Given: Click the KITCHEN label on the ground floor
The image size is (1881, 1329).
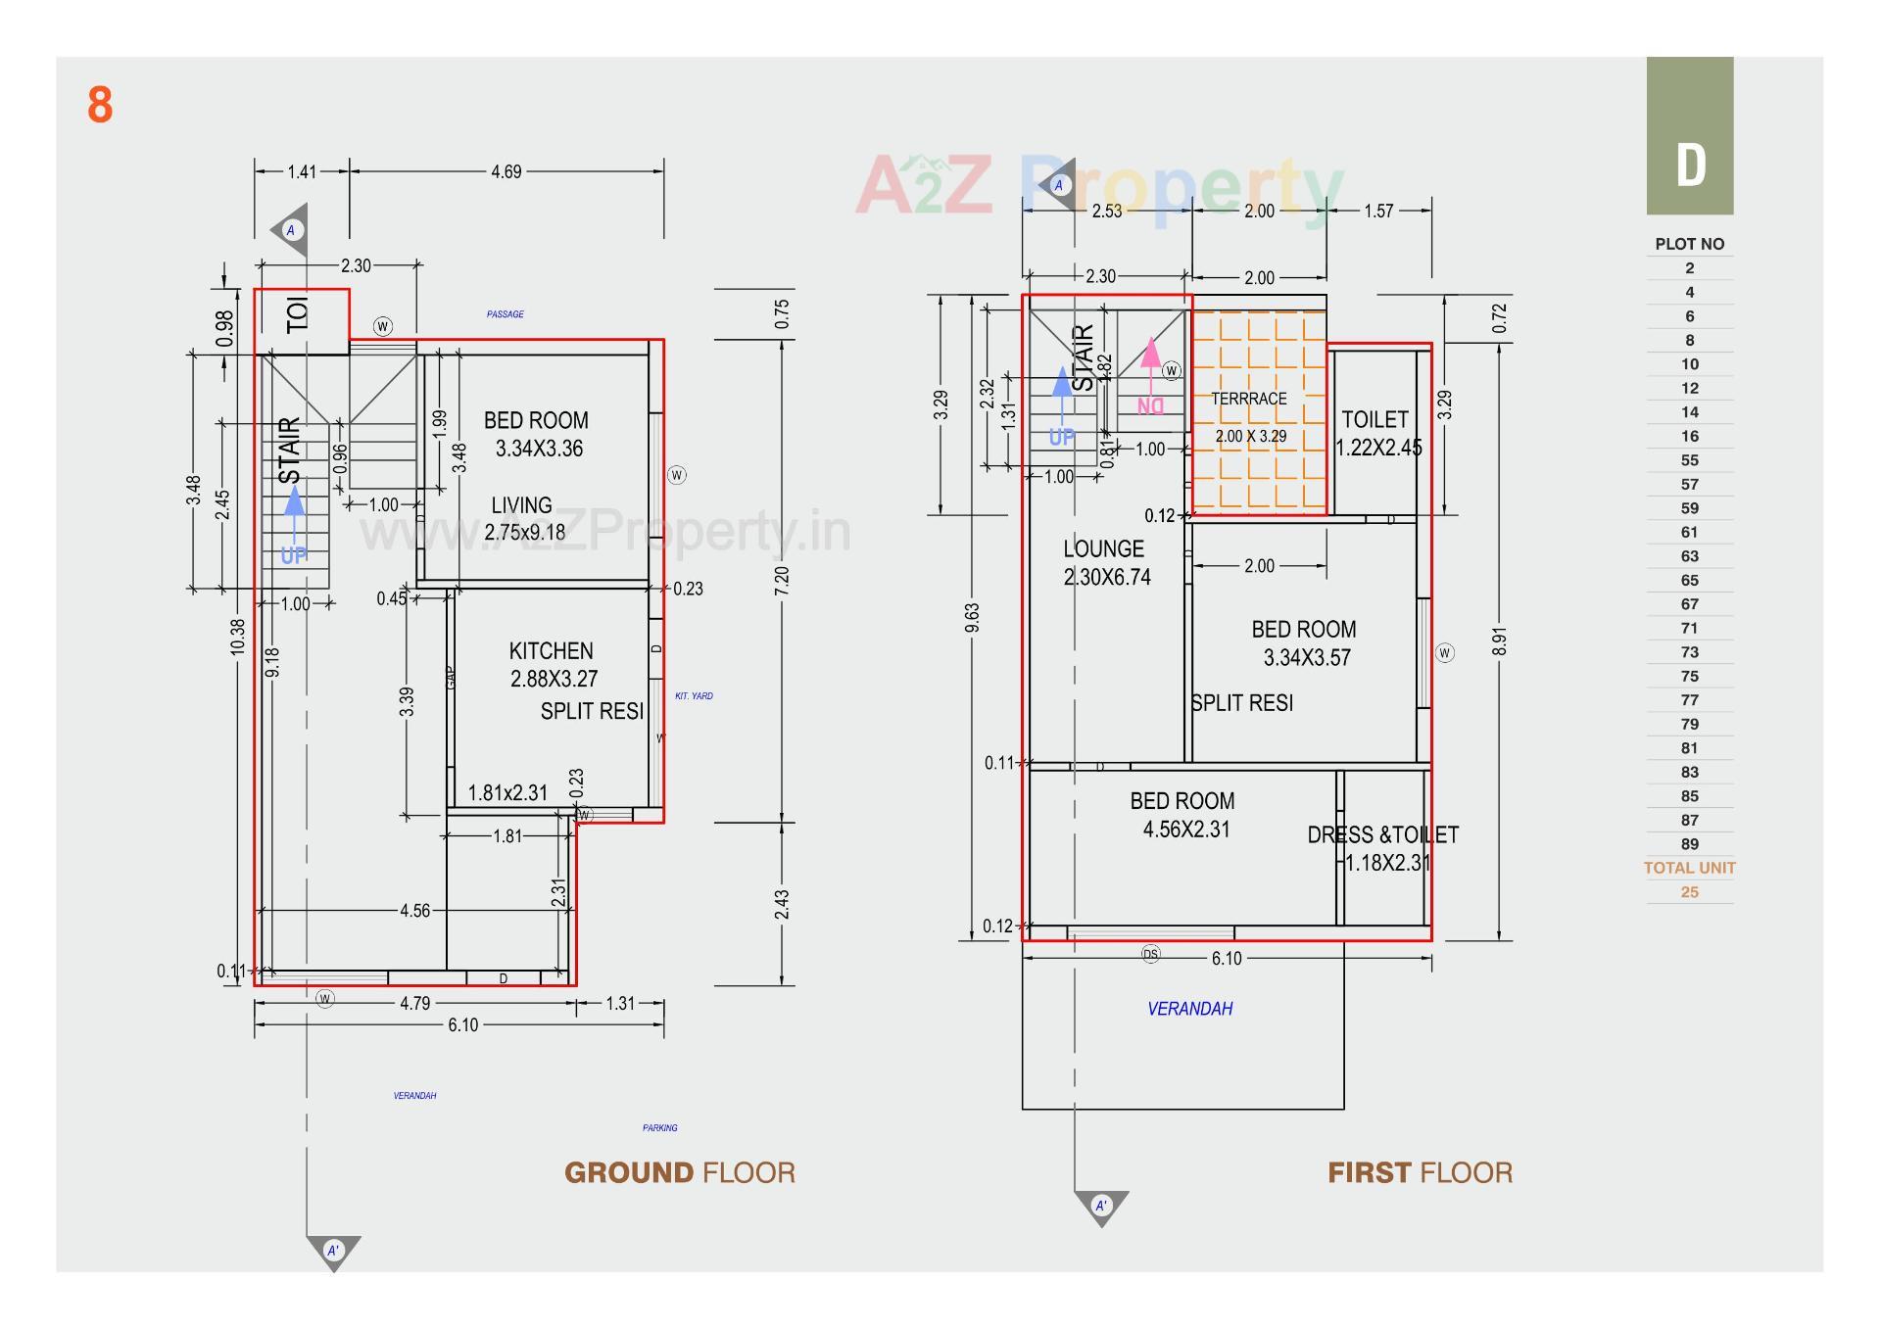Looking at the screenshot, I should coord(551,651).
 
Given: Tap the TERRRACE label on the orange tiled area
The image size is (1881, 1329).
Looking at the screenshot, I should coord(1248,399).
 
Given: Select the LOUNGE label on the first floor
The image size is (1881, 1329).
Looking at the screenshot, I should coord(1103,548).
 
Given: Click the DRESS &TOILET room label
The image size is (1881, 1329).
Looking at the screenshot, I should coord(1382,835).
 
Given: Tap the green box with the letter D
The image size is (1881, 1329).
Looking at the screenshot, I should coord(1689,136).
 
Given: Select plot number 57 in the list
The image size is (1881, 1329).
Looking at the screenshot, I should coord(1689,485).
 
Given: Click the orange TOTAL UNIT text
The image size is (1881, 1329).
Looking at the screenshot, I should coord(1689,868).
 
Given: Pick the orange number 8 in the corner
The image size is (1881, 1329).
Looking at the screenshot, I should coord(100,105).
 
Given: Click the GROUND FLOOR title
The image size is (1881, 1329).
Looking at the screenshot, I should coord(679,1172).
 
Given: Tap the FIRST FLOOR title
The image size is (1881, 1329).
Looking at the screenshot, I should coord(1419,1172).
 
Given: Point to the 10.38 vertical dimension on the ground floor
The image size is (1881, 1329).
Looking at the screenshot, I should coord(238,637).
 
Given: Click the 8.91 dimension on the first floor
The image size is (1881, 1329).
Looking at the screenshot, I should coord(1499,641).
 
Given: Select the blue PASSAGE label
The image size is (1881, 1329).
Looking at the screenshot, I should coord(505,314).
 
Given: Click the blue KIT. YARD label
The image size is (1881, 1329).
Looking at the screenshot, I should coord(694,696).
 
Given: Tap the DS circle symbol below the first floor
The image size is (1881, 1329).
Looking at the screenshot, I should coord(1150,954).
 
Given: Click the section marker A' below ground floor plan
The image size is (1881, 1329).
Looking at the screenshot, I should coord(333,1251).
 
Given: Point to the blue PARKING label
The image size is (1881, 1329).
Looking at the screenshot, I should coord(659,1128).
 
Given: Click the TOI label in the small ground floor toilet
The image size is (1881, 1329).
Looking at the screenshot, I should coord(298,313).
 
